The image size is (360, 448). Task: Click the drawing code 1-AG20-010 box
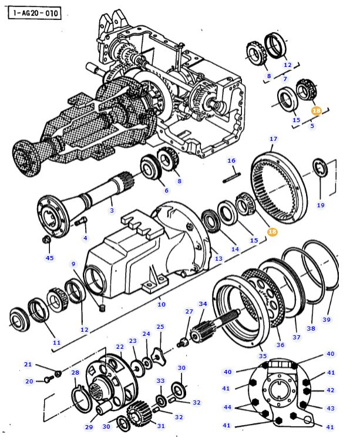pyautogui.click(x=35, y=11)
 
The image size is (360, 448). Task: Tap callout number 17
pyautogui.click(x=273, y=139)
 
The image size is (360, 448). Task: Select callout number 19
pyautogui.click(x=321, y=205)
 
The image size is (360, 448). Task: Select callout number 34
pyautogui.click(x=203, y=304)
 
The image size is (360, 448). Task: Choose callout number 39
pyautogui.click(x=327, y=319)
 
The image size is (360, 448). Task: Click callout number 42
pyautogui.click(x=331, y=390)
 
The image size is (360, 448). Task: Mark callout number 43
pyautogui.click(x=331, y=408)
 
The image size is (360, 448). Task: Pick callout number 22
pyautogui.click(x=120, y=347)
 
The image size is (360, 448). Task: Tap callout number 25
pyautogui.click(x=160, y=326)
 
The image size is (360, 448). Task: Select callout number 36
pyautogui.click(x=280, y=345)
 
